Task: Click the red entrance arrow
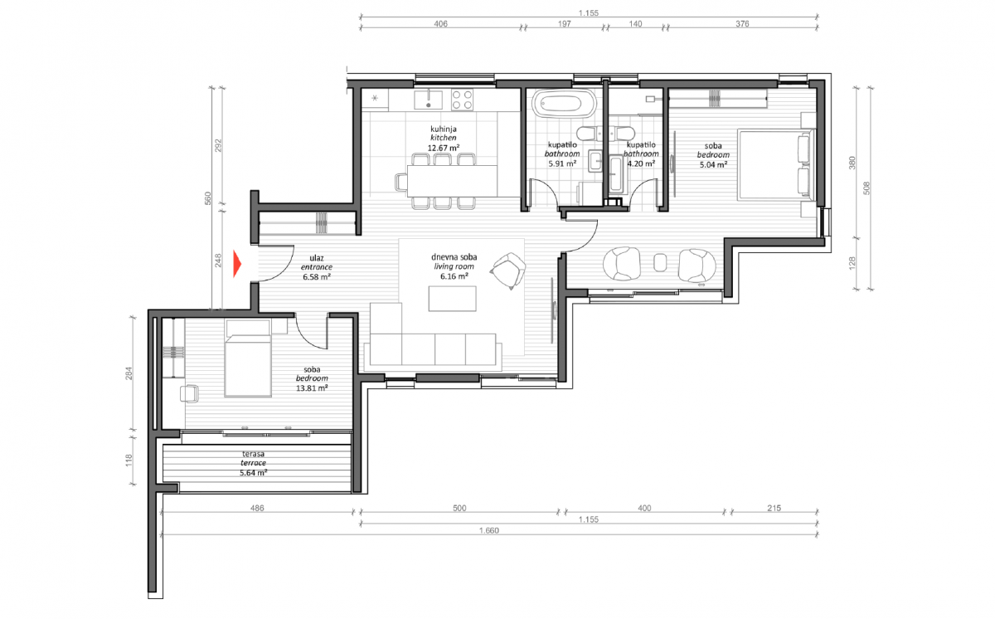click(x=237, y=264)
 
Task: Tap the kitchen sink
click(x=428, y=100)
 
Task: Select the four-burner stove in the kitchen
click(x=462, y=100)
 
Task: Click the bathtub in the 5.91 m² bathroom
click(x=562, y=105)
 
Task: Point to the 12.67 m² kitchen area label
click(x=444, y=148)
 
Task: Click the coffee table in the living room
click(x=452, y=298)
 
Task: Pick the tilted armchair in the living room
click(x=508, y=271)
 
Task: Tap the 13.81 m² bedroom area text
click(x=312, y=388)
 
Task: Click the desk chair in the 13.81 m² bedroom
click(x=189, y=393)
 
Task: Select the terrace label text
click(x=253, y=463)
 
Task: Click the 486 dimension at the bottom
click(x=257, y=508)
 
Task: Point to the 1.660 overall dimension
click(x=489, y=530)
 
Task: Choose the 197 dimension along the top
click(x=564, y=23)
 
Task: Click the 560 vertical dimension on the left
click(x=208, y=198)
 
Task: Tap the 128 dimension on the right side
click(x=852, y=263)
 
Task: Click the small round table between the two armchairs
click(x=661, y=262)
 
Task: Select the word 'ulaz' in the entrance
click(x=317, y=258)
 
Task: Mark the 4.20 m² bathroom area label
click(x=641, y=163)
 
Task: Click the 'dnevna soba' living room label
click(x=454, y=257)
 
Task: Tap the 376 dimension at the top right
click(x=742, y=23)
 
